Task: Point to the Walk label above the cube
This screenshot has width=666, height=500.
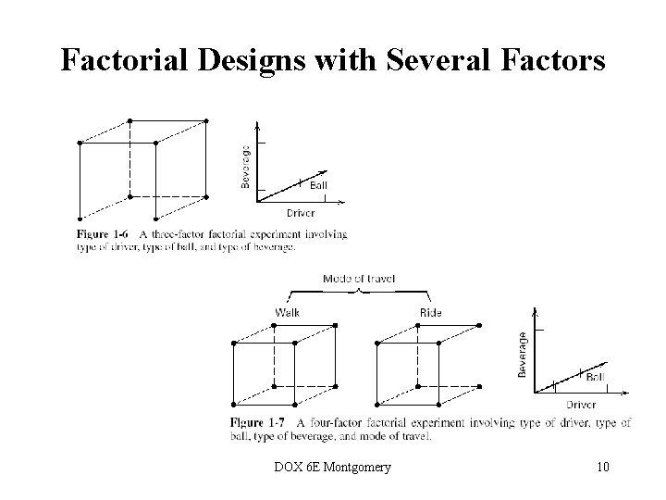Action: click(x=287, y=312)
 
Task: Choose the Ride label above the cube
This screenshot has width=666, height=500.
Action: click(x=431, y=312)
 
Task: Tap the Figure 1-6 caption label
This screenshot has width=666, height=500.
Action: click(x=103, y=234)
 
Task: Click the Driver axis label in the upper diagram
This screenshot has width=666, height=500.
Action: click(x=287, y=213)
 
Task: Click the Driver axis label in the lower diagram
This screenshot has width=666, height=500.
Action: click(x=581, y=404)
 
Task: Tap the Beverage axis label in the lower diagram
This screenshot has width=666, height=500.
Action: click(x=523, y=354)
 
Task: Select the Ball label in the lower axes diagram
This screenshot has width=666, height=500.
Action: click(x=597, y=378)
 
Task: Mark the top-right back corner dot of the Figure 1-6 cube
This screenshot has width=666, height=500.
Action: click(x=206, y=120)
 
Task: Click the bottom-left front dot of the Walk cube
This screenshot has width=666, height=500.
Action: click(x=233, y=405)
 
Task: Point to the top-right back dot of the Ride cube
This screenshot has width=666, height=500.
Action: click(x=479, y=325)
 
